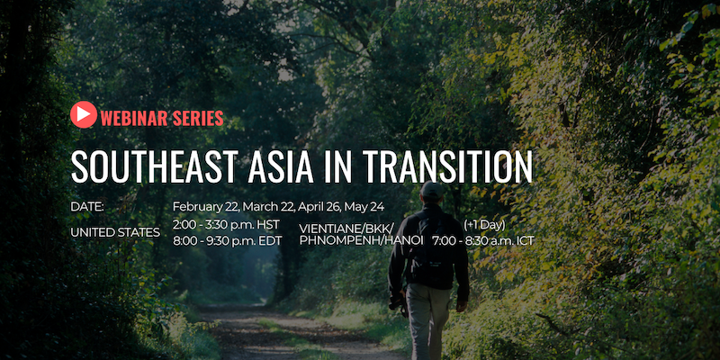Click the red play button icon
point(84,114)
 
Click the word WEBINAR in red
point(134,119)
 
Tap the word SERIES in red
point(198,119)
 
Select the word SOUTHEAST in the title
point(154,166)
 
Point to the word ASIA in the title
point(281,166)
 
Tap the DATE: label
point(87,207)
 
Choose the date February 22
point(206,207)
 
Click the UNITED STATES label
point(115,233)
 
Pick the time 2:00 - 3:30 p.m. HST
point(227,224)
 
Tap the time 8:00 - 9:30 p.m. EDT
point(228,240)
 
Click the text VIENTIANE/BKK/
point(346,229)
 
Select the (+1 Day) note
point(484,225)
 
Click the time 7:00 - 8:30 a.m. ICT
point(483,240)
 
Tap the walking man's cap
point(432,190)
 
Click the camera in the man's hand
point(399,304)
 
